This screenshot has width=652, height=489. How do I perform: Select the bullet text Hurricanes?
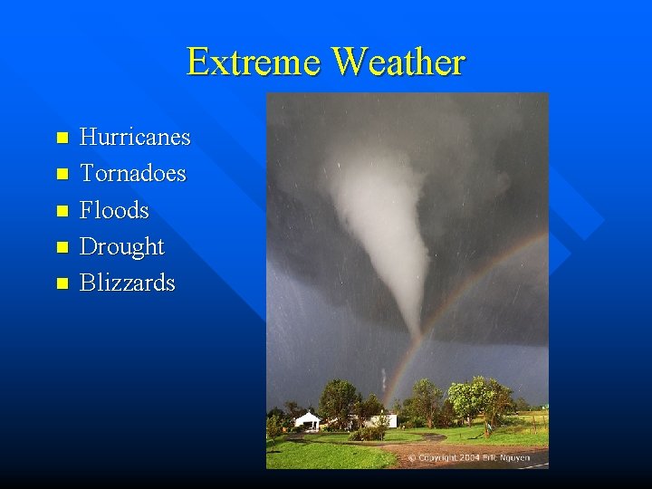(x=135, y=138)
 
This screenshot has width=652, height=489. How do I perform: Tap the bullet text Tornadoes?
(x=132, y=173)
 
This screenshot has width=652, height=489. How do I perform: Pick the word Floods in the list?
(x=114, y=210)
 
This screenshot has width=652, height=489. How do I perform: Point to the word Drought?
(x=121, y=246)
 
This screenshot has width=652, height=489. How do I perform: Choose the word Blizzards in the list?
(x=127, y=283)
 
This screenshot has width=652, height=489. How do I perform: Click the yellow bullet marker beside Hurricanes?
(x=62, y=139)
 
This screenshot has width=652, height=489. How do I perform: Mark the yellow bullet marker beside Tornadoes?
(x=62, y=174)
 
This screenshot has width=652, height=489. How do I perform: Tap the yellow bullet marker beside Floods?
(x=62, y=211)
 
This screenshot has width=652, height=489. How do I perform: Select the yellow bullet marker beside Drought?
(x=62, y=247)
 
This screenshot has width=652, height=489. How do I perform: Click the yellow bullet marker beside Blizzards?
(x=62, y=283)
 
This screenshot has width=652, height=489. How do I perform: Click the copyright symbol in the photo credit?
(x=412, y=458)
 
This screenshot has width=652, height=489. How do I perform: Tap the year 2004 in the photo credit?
(x=469, y=458)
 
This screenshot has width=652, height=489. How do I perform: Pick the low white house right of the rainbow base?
(x=380, y=420)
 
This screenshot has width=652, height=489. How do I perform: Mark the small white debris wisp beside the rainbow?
(x=383, y=379)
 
